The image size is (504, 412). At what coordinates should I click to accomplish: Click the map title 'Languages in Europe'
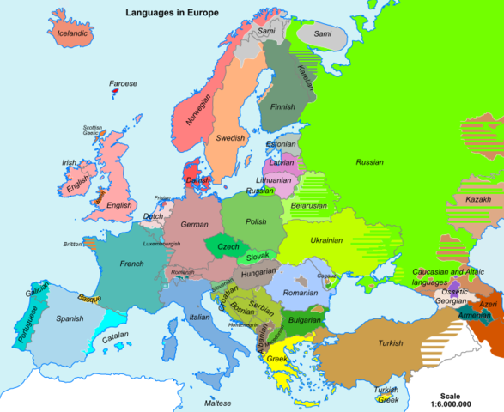[171, 13]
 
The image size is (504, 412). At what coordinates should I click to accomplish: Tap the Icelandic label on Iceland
[73, 34]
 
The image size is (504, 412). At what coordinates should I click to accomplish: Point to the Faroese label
[123, 84]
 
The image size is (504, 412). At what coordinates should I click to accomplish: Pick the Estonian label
[280, 144]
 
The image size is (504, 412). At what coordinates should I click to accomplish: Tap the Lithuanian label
[274, 180]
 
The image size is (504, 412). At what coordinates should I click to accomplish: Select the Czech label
[228, 246]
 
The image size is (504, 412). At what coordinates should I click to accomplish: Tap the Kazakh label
[478, 199]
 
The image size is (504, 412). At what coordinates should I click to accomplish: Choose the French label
[131, 264]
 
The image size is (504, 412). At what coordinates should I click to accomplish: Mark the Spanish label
[70, 318]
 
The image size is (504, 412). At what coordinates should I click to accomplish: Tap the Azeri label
[488, 304]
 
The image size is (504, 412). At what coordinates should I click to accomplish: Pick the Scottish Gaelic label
[92, 130]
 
